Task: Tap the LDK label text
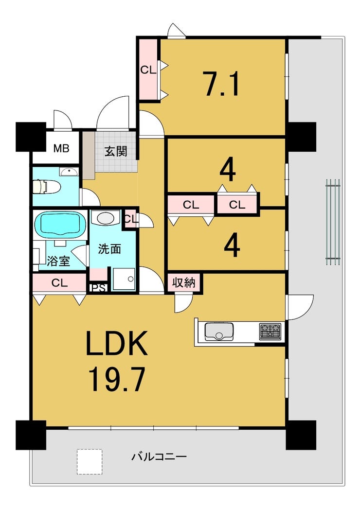coord(117,343)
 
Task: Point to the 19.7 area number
coord(117,380)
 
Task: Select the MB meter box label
coord(62,148)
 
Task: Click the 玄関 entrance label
coord(116,151)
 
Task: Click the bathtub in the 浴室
coord(60,224)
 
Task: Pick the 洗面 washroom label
coord(109,249)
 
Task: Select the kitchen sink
coord(218,332)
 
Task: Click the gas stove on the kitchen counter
coord(270,332)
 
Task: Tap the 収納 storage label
coord(183,283)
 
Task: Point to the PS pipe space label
coord(98,288)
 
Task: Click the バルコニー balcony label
coord(159,457)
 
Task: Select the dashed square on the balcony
coord(90,462)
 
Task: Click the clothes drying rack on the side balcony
coord(333,222)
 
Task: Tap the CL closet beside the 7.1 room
coord(148,70)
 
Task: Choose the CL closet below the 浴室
coord(59,283)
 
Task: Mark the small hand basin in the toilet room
coord(69,172)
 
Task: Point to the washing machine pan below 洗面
coord(124,279)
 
